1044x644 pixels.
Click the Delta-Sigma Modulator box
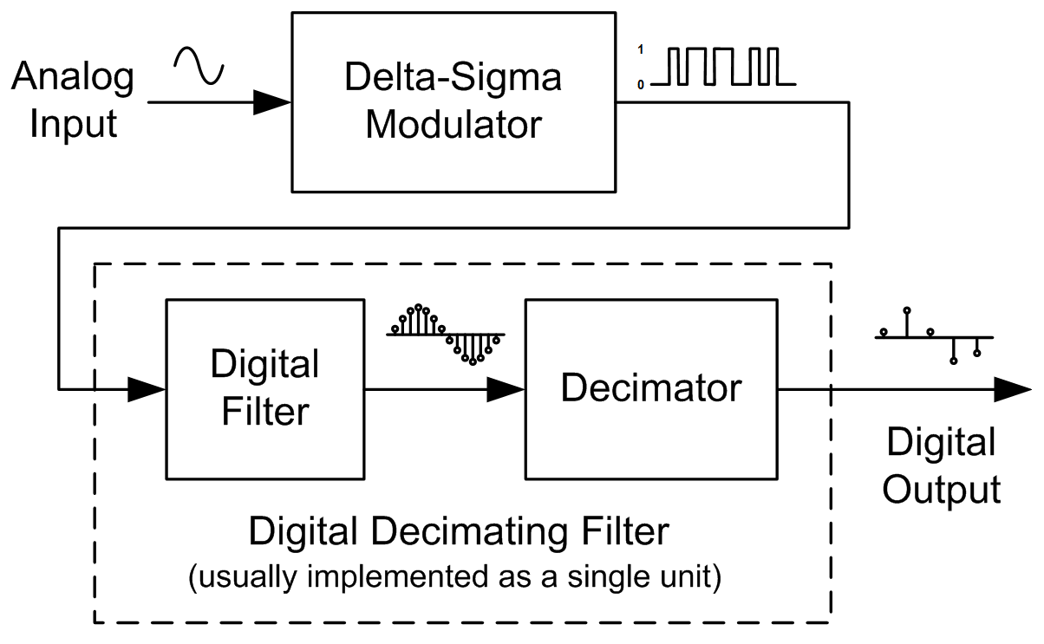[x=453, y=101]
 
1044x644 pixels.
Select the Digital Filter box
[x=264, y=388]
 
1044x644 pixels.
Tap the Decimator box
[x=651, y=388]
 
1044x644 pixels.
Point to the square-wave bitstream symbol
[x=724, y=68]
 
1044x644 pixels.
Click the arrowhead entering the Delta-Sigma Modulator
[x=272, y=102]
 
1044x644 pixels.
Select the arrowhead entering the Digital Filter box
[x=147, y=389]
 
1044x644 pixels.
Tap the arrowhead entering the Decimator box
[x=506, y=389]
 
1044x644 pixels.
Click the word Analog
[x=73, y=78]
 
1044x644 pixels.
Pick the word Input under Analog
[x=73, y=124]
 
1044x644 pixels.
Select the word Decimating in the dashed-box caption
[x=467, y=530]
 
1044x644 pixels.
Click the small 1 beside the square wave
[x=641, y=50]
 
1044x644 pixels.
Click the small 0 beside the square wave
[x=641, y=85]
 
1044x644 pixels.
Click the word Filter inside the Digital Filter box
[x=264, y=411]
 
